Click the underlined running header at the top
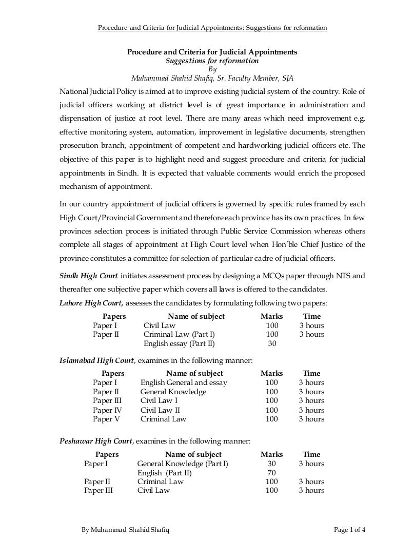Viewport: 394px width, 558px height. click(212, 27)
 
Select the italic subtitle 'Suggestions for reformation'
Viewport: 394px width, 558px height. click(212, 61)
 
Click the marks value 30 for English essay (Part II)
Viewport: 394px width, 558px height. click(272, 344)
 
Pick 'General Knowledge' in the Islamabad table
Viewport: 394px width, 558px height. click(173, 392)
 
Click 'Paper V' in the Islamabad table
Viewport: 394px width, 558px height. click(107, 419)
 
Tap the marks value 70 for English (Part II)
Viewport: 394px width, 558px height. click(272, 473)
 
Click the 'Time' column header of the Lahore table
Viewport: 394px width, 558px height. click(312, 316)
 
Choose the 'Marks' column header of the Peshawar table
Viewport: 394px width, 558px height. click(272, 454)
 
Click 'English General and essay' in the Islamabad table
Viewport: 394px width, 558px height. click(184, 382)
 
